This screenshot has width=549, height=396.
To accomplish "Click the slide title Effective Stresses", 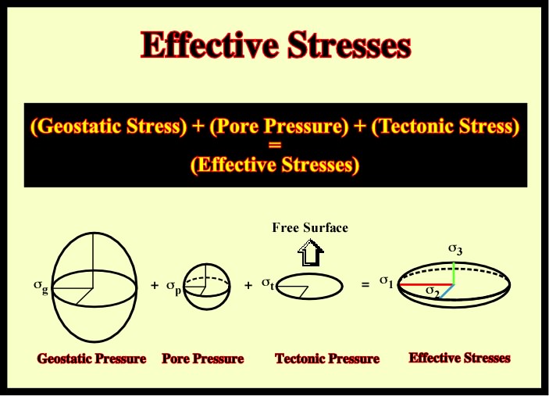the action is tap(276, 45).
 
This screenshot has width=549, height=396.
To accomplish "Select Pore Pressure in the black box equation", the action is tap(279, 126).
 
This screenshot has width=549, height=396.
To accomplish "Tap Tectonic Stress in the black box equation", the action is tap(444, 126).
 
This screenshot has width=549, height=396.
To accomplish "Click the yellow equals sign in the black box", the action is tap(275, 144).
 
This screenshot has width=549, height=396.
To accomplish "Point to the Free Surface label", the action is tap(310, 227).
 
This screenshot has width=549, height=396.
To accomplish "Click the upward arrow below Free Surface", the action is tap(311, 252).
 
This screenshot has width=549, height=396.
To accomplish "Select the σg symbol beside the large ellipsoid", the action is tap(41, 286).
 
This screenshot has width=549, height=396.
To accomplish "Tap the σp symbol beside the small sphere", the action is tap(173, 287).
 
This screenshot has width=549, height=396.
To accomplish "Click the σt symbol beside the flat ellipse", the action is tap(268, 284).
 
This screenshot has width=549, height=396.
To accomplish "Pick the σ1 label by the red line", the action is tap(387, 282).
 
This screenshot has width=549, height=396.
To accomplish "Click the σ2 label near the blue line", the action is tap(433, 291).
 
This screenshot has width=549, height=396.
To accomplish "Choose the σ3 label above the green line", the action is tap(455, 250).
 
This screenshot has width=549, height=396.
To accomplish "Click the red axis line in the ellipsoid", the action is tap(427, 284).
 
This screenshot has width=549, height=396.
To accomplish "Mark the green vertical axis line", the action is tap(454, 273).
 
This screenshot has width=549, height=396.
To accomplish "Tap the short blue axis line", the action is tap(447, 291).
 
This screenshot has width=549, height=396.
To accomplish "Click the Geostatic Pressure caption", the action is tap(91, 359).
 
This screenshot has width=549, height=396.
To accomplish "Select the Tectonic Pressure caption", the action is tap(327, 359).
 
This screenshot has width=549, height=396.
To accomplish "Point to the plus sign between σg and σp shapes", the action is tap(155, 286).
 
